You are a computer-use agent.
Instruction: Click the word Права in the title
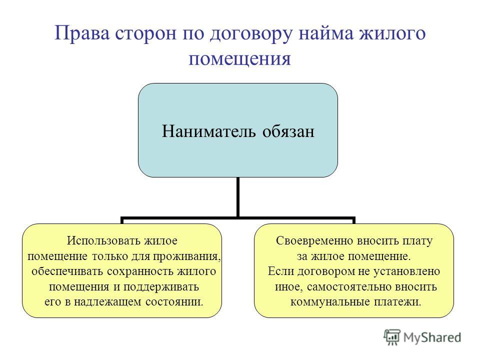tap(82, 33)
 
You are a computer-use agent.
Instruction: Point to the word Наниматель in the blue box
tap(208, 131)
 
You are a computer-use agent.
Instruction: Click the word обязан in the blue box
tap(288, 131)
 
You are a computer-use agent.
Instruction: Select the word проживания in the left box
tap(186, 256)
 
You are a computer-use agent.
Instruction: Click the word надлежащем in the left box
tap(108, 302)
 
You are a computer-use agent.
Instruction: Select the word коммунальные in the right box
tap(330, 302)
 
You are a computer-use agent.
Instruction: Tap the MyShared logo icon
tap(392, 337)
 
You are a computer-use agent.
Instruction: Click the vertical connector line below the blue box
tap(238, 197)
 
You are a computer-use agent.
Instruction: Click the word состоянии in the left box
tap(174, 302)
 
